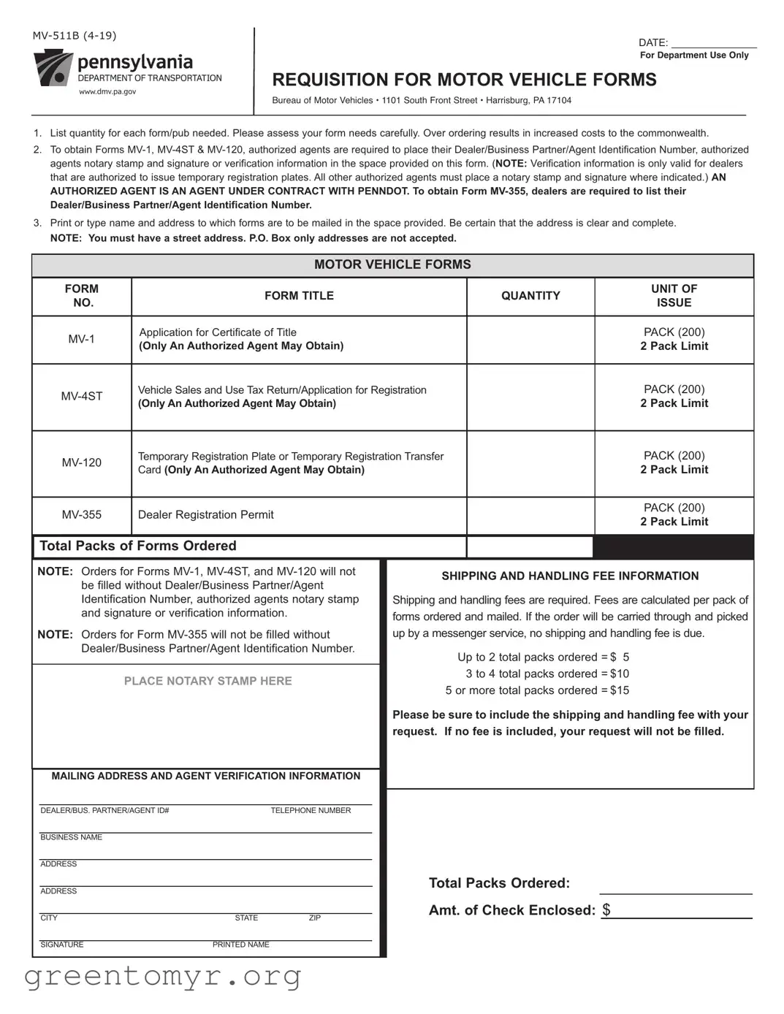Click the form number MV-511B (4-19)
[x=75, y=36]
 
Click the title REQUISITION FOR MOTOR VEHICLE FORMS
[x=464, y=80]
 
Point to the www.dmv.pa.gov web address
[x=107, y=92]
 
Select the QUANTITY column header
[x=530, y=296]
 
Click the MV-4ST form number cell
[x=82, y=397]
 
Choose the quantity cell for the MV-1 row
[x=530, y=340]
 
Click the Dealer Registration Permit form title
[x=206, y=515]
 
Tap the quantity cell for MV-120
[x=530, y=464]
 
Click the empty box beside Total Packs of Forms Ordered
[x=530, y=546]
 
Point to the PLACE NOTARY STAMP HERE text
[x=208, y=681]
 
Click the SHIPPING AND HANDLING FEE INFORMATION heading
[x=570, y=576]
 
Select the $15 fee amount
[x=620, y=690]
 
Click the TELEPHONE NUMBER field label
[x=311, y=810]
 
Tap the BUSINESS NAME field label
[x=72, y=837]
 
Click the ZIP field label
[x=315, y=918]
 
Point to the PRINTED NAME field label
[x=241, y=945]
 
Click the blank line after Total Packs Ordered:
[x=675, y=885]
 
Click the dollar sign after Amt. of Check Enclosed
[x=606, y=910]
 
